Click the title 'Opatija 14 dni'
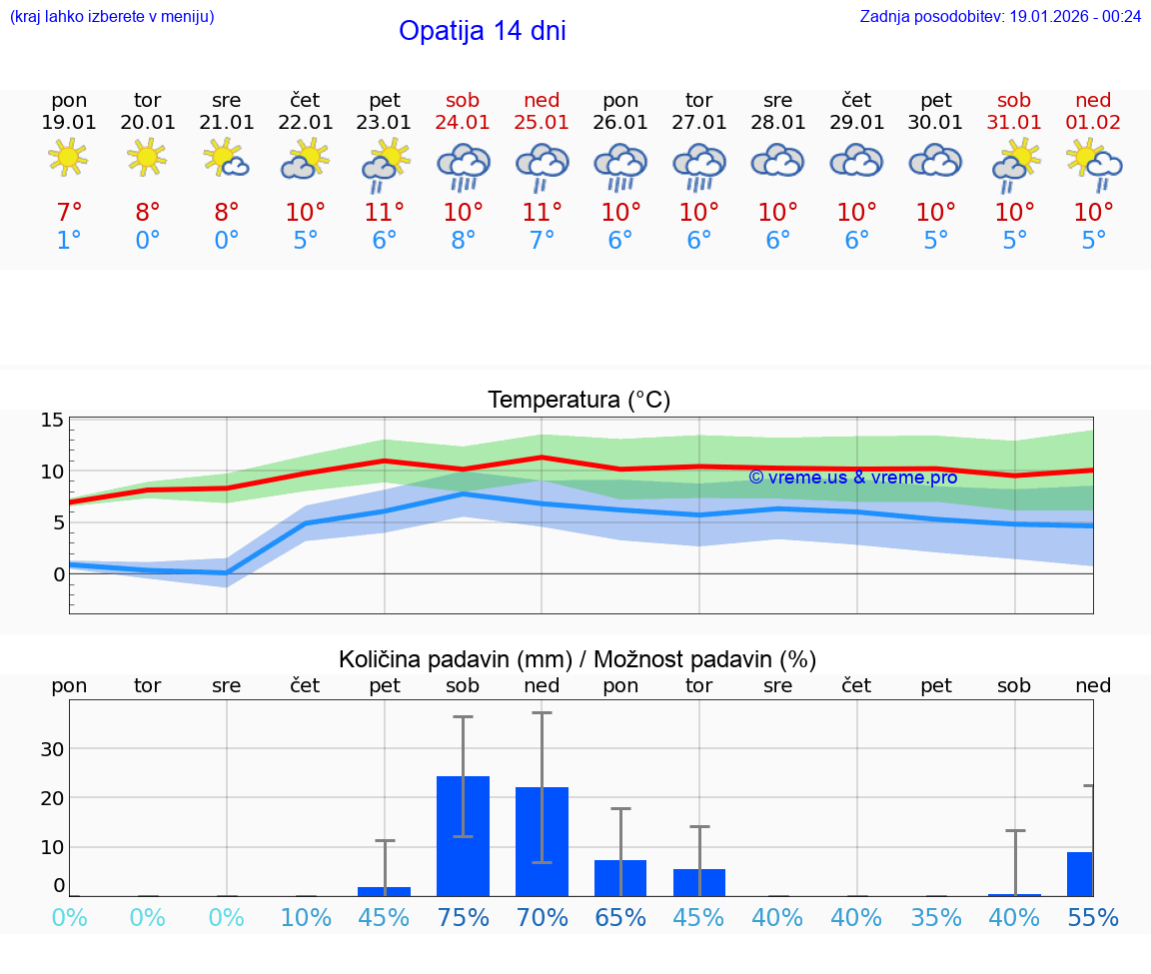[x=482, y=31]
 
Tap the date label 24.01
[x=463, y=123]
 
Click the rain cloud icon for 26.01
[x=620, y=166]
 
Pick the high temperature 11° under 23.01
[x=385, y=213]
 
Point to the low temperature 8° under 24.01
[x=463, y=241]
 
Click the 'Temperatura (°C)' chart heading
[x=578, y=401]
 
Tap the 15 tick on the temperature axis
[x=52, y=421]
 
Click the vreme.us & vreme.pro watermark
[x=852, y=478]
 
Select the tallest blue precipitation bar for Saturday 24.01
[x=463, y=836]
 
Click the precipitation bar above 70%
[x=542, y=841]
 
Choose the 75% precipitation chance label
[x=463, y=918]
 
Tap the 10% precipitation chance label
[x=306, y=918]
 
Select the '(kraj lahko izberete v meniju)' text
[x=112, y=16]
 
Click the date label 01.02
[x=1093, y=123]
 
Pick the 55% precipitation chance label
[x=1093, y=918]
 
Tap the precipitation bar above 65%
[x=620, y=877]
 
